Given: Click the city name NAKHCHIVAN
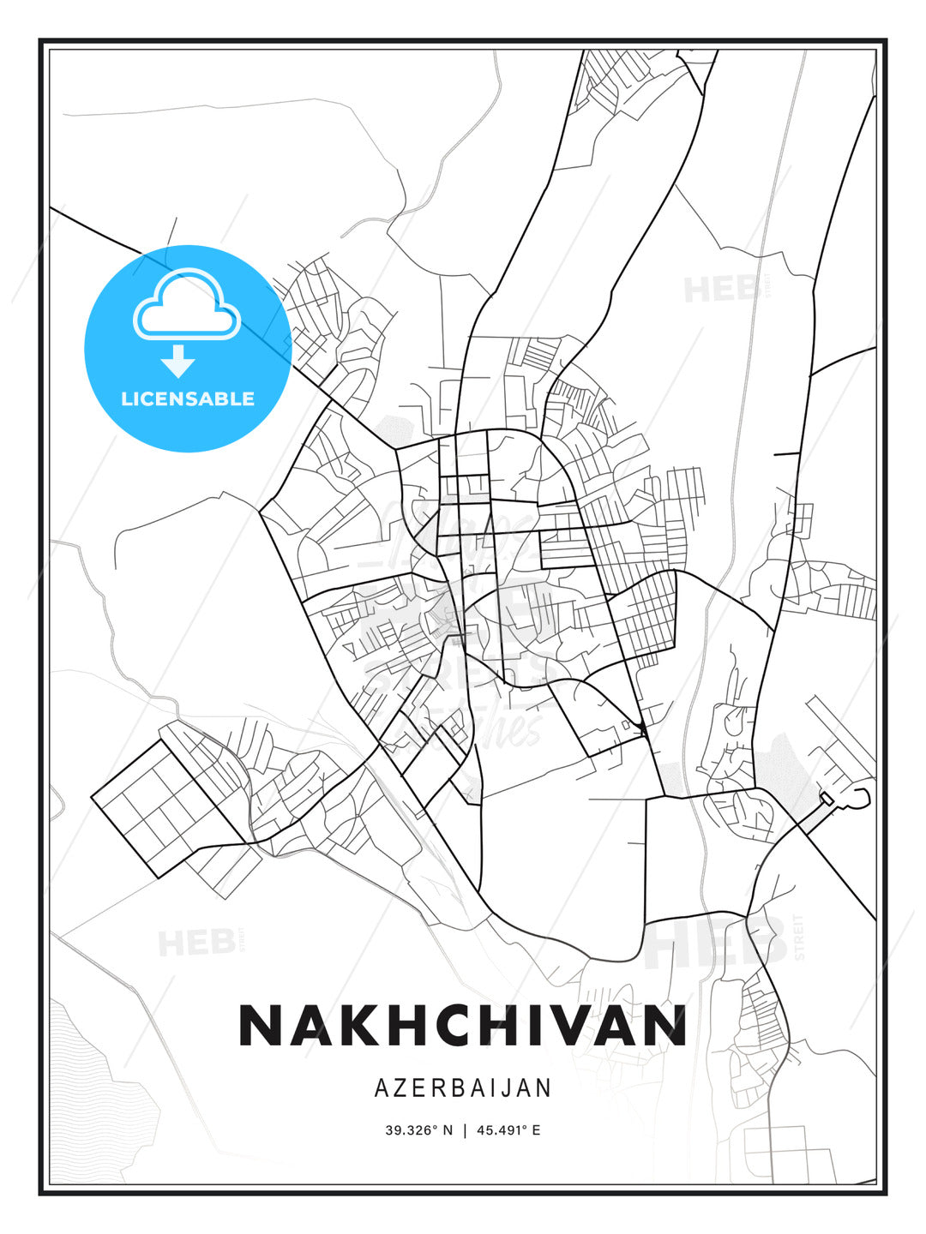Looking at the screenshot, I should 462,1025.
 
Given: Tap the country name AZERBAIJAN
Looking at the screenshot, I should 463,1088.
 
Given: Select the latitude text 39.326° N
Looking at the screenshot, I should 418,1130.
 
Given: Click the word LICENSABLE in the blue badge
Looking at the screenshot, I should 188,398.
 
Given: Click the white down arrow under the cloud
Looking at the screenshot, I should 178,361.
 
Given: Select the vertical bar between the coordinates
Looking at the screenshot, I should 465,1130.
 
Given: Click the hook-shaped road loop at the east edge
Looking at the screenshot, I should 860,798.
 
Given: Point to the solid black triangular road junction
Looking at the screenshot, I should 641,728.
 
